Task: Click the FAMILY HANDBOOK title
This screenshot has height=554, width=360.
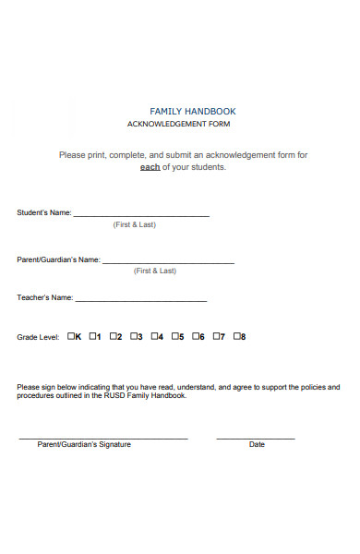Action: click(192, 111)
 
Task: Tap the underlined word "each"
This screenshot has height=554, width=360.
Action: click(150, 167)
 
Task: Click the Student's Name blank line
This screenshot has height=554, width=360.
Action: click(141, 215)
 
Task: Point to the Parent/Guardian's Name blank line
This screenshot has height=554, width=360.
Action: click(168, 262)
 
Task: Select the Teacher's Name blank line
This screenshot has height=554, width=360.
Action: click(141, 300)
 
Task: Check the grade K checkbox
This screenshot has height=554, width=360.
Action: click(71, 336)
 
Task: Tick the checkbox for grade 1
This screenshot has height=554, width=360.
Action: click(93, 336)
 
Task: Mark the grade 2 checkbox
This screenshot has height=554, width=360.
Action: click(114, 336)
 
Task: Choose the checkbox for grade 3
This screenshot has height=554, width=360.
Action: click(135, 336)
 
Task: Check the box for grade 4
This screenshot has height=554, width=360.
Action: click(155, 336)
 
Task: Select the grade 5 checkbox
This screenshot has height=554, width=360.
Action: click(175, 336)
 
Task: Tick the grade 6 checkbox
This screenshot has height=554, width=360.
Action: click(196, 336)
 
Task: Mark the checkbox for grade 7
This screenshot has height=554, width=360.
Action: click(217, 336)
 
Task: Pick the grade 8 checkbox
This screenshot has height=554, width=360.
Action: click(237, 336)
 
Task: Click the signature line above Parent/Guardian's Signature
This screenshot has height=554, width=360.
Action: click(103, 437)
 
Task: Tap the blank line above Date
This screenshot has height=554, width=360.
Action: click(256, 437)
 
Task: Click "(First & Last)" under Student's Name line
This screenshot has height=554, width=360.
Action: click(134, 224)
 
